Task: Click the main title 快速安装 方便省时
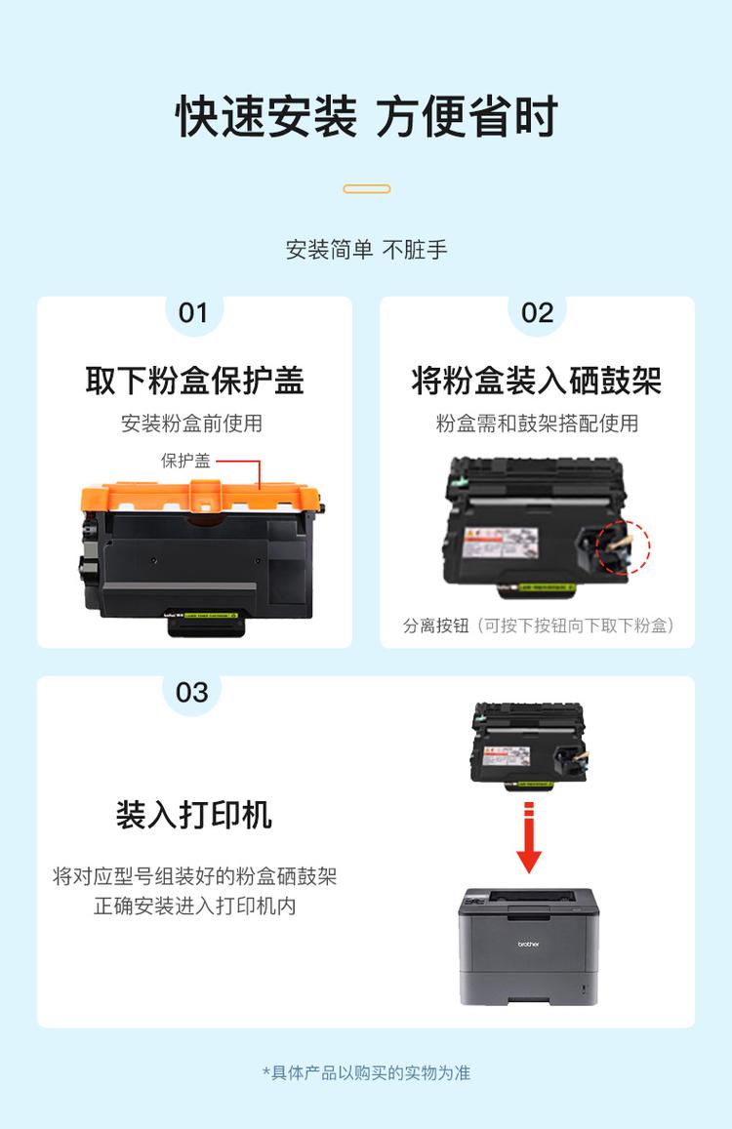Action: click(x=366, y=117)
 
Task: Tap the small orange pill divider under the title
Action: click(x=367, y=188)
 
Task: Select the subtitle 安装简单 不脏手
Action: click(x=366, y=250)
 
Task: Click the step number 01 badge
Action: click(x=193, y=313)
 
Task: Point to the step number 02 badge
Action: click(x=537, y=313)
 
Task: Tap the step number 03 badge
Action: click(x=192, y=693)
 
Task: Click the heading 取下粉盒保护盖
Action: click(x=194, y=381)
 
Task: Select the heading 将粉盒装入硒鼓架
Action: click(x=537, y=381)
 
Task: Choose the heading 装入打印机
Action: click(x=194, y=815)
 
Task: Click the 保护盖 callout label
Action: click(x=185, y=461)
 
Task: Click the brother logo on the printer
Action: click(x=528, y=944)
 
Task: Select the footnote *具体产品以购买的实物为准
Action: click(x=366, y=1072)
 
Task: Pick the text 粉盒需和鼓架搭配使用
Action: click(x=537, y=423)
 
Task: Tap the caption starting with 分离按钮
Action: click(x=539, y=625)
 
